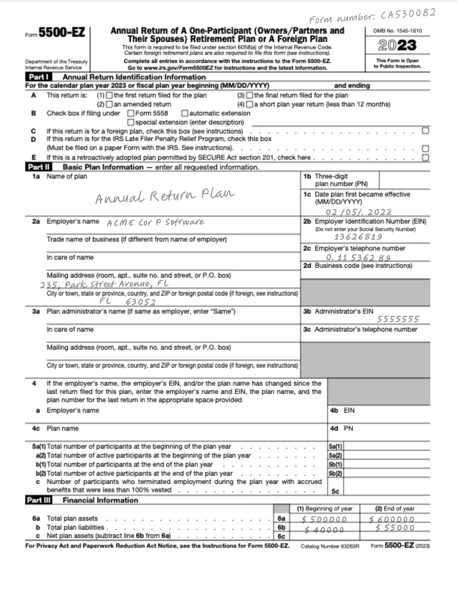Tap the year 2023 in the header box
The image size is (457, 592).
397,45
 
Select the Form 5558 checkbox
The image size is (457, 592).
130,113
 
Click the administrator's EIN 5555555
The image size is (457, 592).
398,319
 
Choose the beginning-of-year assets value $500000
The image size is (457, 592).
324,519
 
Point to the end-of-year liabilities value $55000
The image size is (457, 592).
395,528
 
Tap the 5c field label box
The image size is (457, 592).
335,491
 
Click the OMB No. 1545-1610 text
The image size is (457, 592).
397,30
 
